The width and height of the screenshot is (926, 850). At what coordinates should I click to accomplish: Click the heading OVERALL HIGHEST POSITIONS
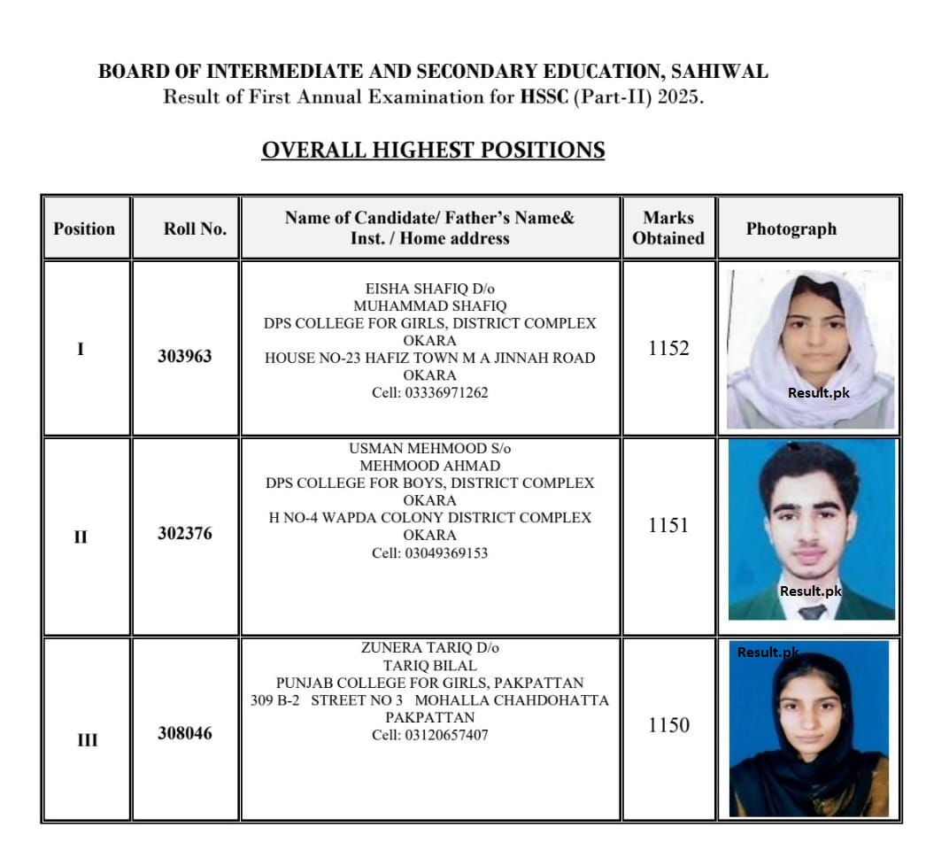(433, 150)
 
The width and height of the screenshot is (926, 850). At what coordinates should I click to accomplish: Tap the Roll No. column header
(195, 228)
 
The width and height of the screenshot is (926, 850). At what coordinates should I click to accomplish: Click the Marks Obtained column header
(668, 228)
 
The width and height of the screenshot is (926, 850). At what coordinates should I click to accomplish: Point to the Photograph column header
(791, 228)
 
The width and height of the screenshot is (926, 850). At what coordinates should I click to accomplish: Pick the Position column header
(84, 228)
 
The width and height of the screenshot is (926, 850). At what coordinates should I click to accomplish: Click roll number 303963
(185, 357)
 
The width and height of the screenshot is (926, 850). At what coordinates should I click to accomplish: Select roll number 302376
(185, 534)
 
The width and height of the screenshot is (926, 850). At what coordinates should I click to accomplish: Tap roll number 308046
(185, 733)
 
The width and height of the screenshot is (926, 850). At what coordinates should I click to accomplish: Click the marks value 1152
(668, 348)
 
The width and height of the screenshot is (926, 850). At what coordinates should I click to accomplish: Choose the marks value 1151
(668, 525)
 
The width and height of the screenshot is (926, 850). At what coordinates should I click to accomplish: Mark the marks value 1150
(668, 725)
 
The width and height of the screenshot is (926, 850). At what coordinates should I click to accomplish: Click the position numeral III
(87, 740)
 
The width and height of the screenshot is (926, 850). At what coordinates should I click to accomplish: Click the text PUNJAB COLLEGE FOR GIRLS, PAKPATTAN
(429, 683)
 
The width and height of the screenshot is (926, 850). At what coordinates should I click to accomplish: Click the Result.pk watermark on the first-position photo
(818, 392)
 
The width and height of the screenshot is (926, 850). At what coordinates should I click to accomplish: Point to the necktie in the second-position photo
(812, 611)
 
